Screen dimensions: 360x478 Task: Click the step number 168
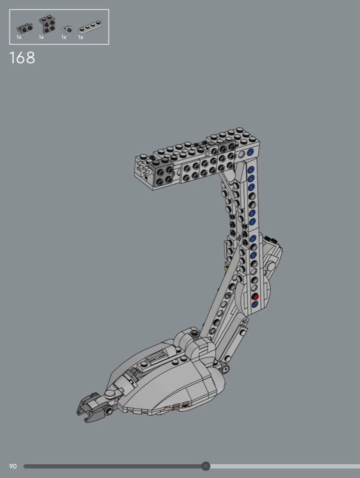coord(22,57)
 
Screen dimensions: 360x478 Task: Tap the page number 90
coord(13,466)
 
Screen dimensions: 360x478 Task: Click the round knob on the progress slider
coord(206,466)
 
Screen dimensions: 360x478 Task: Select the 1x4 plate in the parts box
coord(90,27)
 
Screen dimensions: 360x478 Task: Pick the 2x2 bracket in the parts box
coord(47,24)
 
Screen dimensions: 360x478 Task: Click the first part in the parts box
coord(25,28)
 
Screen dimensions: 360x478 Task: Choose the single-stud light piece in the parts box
coord(67,29)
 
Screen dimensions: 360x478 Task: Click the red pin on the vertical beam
coord(255,296)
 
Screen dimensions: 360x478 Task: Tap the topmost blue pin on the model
coord(250,152)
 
